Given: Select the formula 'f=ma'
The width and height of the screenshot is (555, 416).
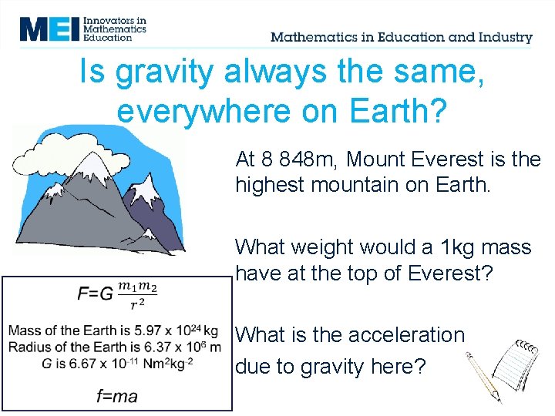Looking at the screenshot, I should click(117, 396).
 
